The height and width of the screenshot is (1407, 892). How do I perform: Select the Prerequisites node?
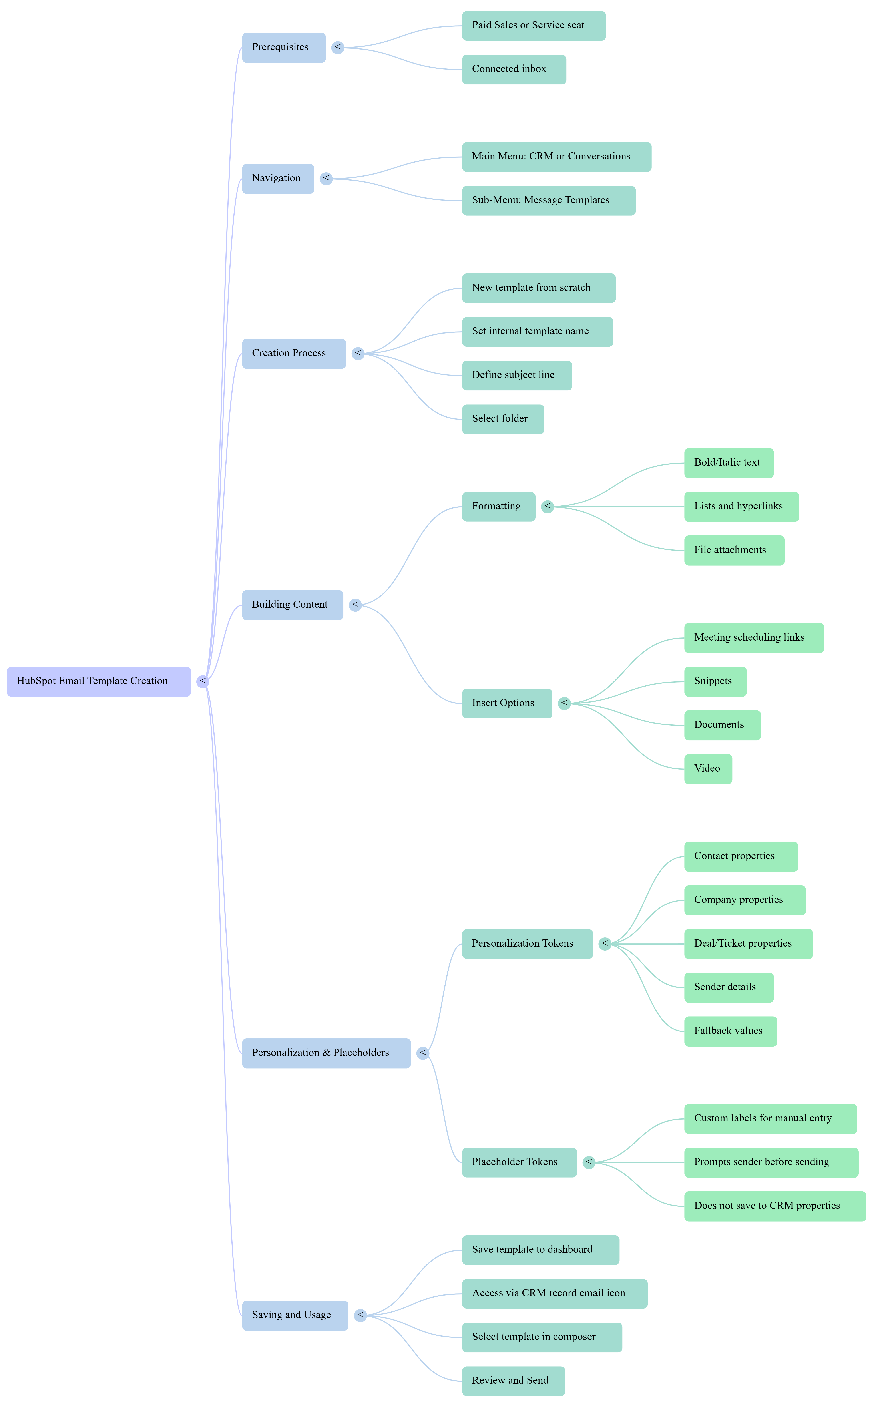pyautogui.click(x=283, y=47)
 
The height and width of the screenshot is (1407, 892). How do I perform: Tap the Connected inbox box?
pyautogui.click(x=514, y=70)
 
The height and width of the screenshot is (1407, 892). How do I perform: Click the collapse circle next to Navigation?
pyautogui.click(x=326, y=179)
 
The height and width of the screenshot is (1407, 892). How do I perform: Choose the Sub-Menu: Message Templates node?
pyautogui.click(x=548, y=200)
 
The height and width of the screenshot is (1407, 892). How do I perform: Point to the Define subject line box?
pyautogui.click(x=516, y=375)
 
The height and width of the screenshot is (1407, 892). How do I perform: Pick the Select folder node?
pyautogui.click(x=502, y=419)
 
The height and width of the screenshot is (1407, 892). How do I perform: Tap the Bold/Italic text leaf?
pyautogui.click(x=729, y=463)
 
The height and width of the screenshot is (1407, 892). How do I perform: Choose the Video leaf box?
pyautogui.click(x=707, y=769)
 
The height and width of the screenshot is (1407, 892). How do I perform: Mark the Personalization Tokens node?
pyautogui.click(x=527, y=944)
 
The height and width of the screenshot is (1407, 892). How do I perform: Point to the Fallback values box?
pyautogui.click(x=730, y=1031)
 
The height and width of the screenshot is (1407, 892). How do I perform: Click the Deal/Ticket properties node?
pyautogui.click(x=748, y=944)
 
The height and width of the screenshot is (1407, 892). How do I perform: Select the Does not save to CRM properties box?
pyautogui.click(x=775, y=1206)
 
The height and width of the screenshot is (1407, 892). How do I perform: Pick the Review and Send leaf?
pyautogui.click(x=513, y=1381)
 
